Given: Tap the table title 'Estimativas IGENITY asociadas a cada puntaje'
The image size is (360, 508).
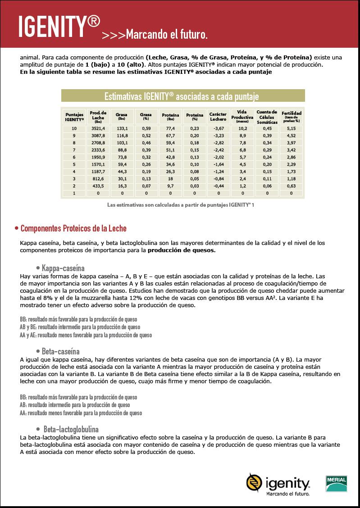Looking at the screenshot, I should point(182,96).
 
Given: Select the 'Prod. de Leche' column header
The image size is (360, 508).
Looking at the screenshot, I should point(98,116).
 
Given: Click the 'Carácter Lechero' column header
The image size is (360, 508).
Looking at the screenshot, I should point(218,117).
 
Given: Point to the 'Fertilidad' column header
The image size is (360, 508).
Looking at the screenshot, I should point(291,116).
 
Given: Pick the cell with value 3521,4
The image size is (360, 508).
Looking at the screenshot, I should point(98,128).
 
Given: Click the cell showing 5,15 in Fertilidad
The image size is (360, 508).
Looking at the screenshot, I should point(291,128).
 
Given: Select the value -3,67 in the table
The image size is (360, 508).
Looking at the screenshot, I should point(218,128).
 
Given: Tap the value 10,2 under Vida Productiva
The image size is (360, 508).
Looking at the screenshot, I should point(242,128).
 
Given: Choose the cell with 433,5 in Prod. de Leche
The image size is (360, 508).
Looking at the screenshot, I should point(98,186).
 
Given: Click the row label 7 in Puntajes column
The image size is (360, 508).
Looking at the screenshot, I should point(74,150).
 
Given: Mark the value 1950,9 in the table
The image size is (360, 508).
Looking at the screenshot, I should point(98,157).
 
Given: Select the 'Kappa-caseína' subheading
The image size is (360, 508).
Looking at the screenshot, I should point(63,268).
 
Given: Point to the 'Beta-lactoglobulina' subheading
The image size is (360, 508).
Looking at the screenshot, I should point(71,429).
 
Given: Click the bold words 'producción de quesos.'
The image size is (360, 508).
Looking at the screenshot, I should point(182,250).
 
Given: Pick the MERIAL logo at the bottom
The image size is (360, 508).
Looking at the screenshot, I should point(336,484).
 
